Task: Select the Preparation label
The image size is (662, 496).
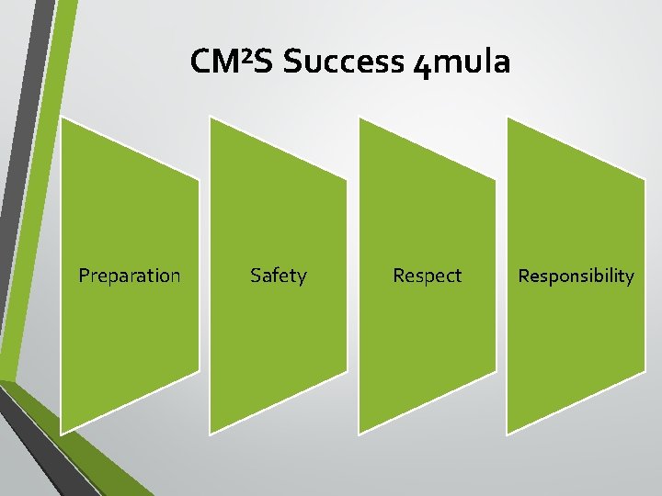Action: (x=130, y=276)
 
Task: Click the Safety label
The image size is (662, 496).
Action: (x=279, y=276)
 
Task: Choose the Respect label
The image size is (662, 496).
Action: (x=427, y=276)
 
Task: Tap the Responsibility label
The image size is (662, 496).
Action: (x=576, y=276)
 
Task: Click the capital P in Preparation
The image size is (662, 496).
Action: (x=84, y=276)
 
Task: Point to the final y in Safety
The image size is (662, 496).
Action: (x=302, y=277)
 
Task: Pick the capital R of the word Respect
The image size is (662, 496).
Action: (x=398, y=276)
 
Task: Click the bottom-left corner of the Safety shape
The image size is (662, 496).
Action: (x=211, y=431)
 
